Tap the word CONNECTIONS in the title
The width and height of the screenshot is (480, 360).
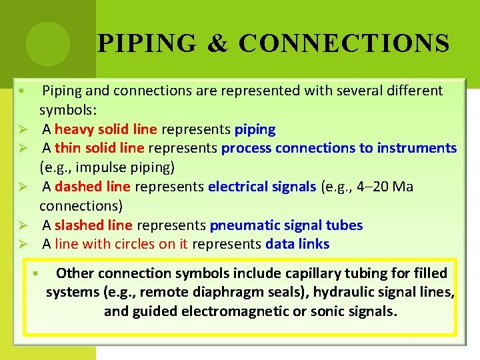tap(344, 44)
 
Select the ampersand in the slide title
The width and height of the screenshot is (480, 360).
tap(217, 44)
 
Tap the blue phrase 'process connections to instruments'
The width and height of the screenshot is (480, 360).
tap(339, 148)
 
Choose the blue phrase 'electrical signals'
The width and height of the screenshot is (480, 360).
tap(262, 187)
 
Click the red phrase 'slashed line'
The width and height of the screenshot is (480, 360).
tap(93, 225)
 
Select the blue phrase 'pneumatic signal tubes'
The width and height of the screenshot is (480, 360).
tap(286, 225)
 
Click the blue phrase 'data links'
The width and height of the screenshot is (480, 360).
tap(297, 244)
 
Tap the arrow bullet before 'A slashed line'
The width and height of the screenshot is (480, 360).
tap(22, 226)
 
